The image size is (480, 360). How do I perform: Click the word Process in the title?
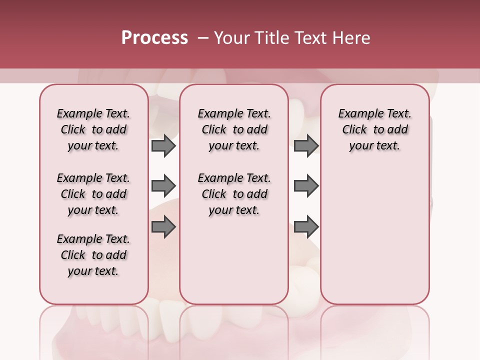tap(154, 37)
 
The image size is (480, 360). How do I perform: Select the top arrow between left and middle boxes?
tap(163, 145)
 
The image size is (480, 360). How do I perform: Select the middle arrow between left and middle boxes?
tap(163, 186)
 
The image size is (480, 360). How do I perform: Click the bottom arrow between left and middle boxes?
tap(163, 227)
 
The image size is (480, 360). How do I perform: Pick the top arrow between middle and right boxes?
tap(306, 145)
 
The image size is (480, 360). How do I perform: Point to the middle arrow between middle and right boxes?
tap(306, 186)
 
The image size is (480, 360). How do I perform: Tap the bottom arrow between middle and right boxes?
tap(306, 227)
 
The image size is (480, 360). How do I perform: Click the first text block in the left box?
tap(93, 129)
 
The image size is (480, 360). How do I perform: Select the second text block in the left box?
tap(93, 194)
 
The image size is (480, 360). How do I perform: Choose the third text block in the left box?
tap(93, 255)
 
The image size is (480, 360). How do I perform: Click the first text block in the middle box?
tap(234, 129)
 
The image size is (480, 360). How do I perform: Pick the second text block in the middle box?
tap(234, 194)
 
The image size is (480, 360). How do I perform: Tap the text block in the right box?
tap(374, 129)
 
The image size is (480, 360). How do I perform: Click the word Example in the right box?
tap(359, 114)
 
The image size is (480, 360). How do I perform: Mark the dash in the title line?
tap(203, 37)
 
